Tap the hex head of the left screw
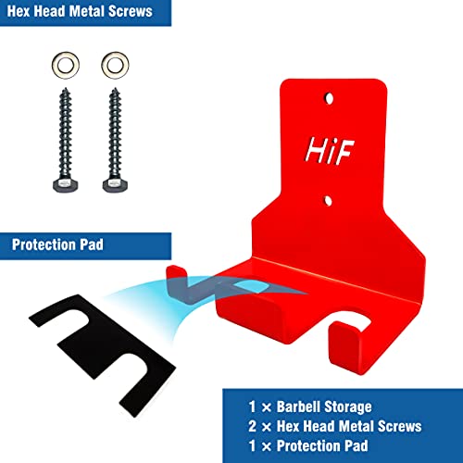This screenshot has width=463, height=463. pyautogui.click(x=66, y=184)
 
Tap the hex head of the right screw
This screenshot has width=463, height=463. pyautogui.click(x=115, y=184)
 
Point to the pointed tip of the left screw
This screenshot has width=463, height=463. pyautogui.click(x=66, y=89)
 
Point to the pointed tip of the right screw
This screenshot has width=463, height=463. pyautogui.click(x=115, y=89)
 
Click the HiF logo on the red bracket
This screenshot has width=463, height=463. pyautogui.click(x=330, y=150)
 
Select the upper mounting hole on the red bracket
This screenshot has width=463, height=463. pyautogui.click(x=329, y=98)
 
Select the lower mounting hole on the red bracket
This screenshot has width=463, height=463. pyautogui.click(x=328, y=201)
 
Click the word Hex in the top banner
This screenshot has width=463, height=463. pyautogui.click(x=18, y=11)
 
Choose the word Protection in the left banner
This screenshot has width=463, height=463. pyautogui.click(x=44, y=244)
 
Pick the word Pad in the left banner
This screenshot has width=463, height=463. pyautogui.click(x=92, y=244)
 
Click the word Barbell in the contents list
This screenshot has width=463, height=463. pyautogui.click(x=298, y=407)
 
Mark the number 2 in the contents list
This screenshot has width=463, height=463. pyautogui.click(x=252, y=426)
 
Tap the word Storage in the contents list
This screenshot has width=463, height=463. pyautogui.click(x=348, y=407)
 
